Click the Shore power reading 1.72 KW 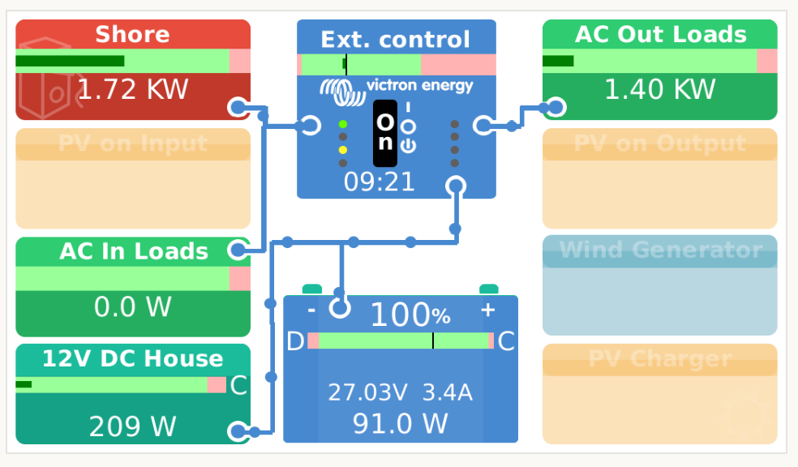(x=133, y=89)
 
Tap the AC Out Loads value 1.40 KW (x=660, y=89)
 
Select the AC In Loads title (x=134, y=251)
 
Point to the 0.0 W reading (x=133, y=307)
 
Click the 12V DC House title (x=132, y=358)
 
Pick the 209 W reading (x=133, y=426)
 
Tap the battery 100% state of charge (x=410, y=314)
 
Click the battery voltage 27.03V (x=367, y=393)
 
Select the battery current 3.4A (x=448, y=393)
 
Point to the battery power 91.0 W (x=400, y=423)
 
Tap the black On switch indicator (x=385, y=132)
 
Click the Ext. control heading (x=395, y=40)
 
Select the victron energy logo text (x=419, y=86)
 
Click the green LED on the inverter (x=343, y=124)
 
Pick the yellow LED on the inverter (x=343, y=150)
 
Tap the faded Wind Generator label (x=660, y=250)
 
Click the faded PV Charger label (x=660, y=358)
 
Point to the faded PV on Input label (x=133, y=144)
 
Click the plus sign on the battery (x=487, y=309)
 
